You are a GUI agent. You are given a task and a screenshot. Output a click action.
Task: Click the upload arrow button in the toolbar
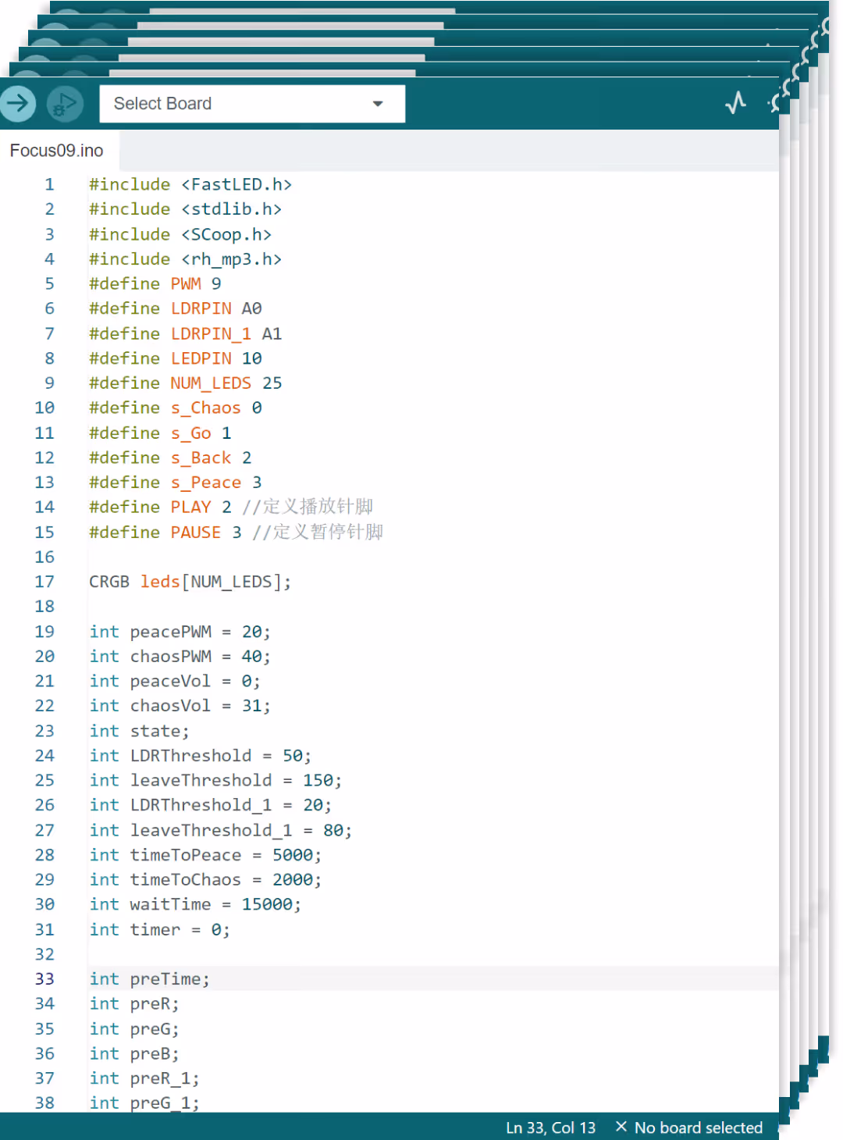(x=18, y=103)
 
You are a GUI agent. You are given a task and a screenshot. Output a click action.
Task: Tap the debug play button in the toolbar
(x=65, y=104)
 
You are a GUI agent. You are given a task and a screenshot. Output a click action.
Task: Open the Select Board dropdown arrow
(x=378, y=104)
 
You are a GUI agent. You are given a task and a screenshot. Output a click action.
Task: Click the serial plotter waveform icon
(x=735, y=103)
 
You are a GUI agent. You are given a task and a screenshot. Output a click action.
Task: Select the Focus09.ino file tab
(x=56, y=151)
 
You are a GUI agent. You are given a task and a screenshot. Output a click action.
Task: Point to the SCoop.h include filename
(x=226, y=234)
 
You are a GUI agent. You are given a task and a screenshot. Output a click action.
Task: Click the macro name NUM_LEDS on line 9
(x=211, y=383)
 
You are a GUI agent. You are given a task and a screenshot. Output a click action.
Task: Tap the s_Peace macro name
(x=206, y=483)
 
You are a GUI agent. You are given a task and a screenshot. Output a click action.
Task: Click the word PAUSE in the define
(x=196, y=532)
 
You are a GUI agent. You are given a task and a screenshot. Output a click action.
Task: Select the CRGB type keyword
(x=109, y=582)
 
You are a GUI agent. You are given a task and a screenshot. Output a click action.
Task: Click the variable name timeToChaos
(x=186, y=879)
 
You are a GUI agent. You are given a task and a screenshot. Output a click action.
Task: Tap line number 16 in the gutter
(x=44, y=557)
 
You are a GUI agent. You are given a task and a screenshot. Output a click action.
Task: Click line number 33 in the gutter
(x=44, y=978)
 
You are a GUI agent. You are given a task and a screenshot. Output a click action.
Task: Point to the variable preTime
(x=166, y=979)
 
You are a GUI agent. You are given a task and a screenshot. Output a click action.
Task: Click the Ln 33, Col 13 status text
(x=550, y=1128)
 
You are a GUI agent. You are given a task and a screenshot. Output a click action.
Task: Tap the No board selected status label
(x=698, y=1128)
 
